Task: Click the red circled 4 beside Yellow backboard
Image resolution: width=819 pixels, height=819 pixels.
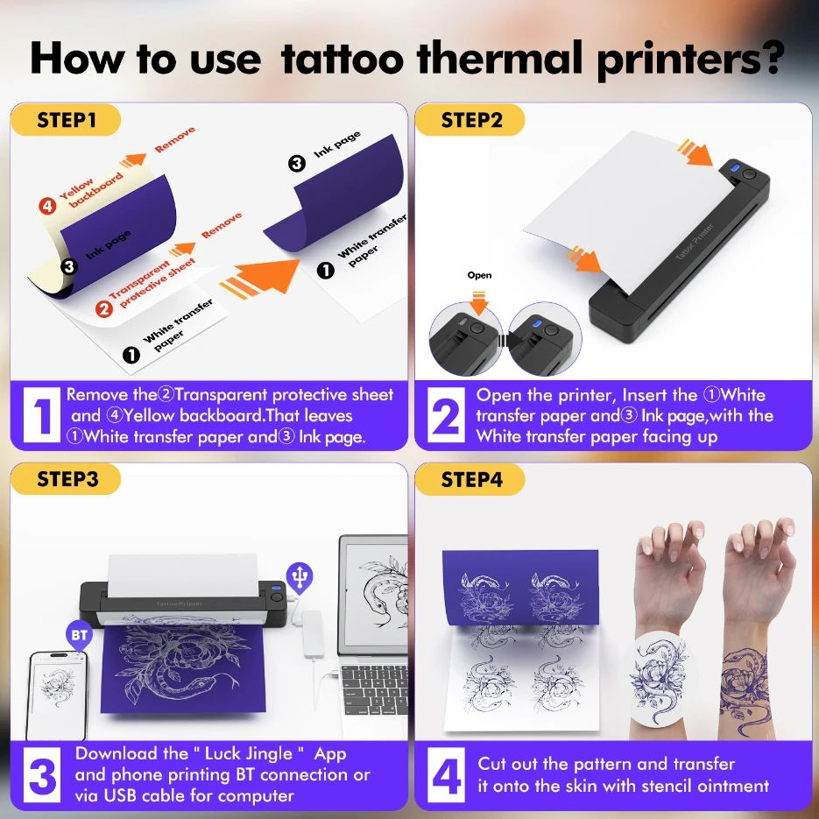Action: tap(47, 207)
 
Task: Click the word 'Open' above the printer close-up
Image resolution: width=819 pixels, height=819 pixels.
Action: tap(479, 275)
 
